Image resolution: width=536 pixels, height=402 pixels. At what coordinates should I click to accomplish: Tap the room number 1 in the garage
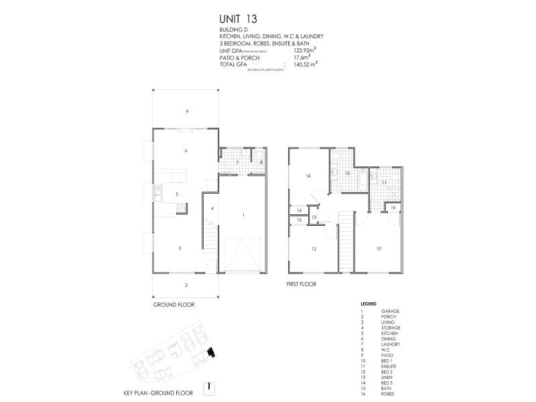pyautogui.click(x=243, y=215)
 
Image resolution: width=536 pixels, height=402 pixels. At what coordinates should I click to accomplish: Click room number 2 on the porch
pyautogui.click(x=186, y=285)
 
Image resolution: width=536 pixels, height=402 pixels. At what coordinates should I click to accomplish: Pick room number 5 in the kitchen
pyautogui.click(x=176, y=194)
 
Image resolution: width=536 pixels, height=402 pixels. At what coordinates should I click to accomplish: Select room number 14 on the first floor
pyautogui.click(x=308, y=176)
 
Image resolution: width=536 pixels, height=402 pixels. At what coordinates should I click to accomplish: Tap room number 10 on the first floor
pyautogui.click(x=379, y=248)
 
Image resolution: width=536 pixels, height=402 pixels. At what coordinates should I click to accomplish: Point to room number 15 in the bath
pyautogui.click(x=347, y=173)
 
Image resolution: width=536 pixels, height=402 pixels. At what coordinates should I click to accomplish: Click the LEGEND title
pyautogui.click(x=368, y=303)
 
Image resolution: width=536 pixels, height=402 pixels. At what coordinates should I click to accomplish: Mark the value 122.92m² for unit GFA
pyautogui.click(x=304, y=50)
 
